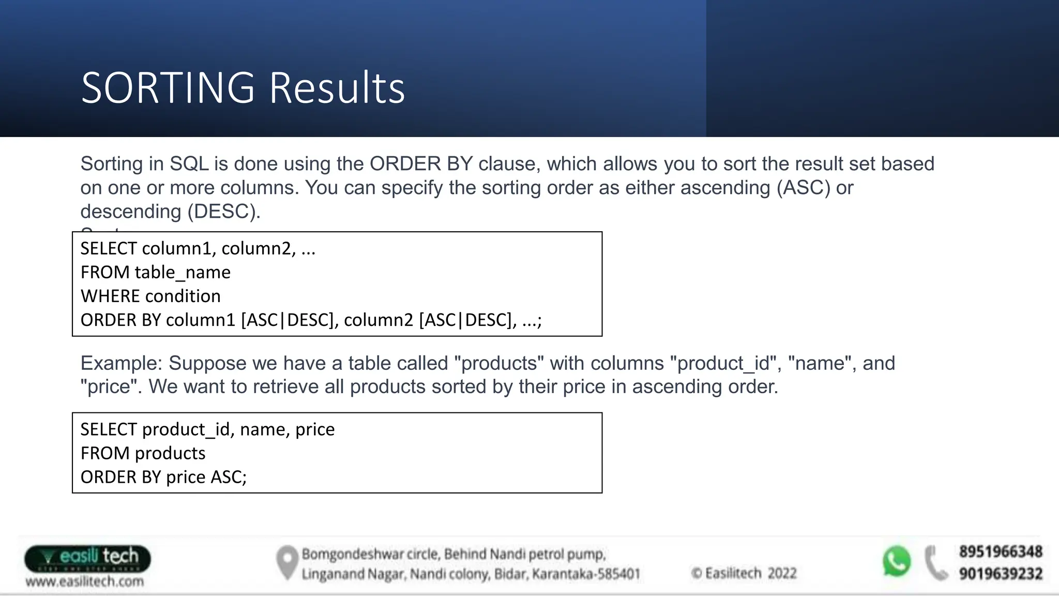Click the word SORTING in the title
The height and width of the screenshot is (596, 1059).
168,88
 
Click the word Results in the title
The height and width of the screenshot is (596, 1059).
337,88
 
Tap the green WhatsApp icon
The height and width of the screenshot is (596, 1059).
896,561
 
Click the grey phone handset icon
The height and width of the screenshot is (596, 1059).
935,563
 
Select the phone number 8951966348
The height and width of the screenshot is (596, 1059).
1001,552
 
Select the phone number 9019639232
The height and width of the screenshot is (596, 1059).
1001,574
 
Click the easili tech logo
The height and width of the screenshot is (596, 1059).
87,558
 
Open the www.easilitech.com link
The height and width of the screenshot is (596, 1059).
85,582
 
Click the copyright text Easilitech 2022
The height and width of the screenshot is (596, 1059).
745,573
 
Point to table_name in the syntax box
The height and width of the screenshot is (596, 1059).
183,273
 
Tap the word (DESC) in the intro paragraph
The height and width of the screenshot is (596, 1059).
224,212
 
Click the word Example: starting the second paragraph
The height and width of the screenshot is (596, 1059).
122,363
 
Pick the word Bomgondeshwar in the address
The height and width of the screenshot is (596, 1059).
353,554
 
